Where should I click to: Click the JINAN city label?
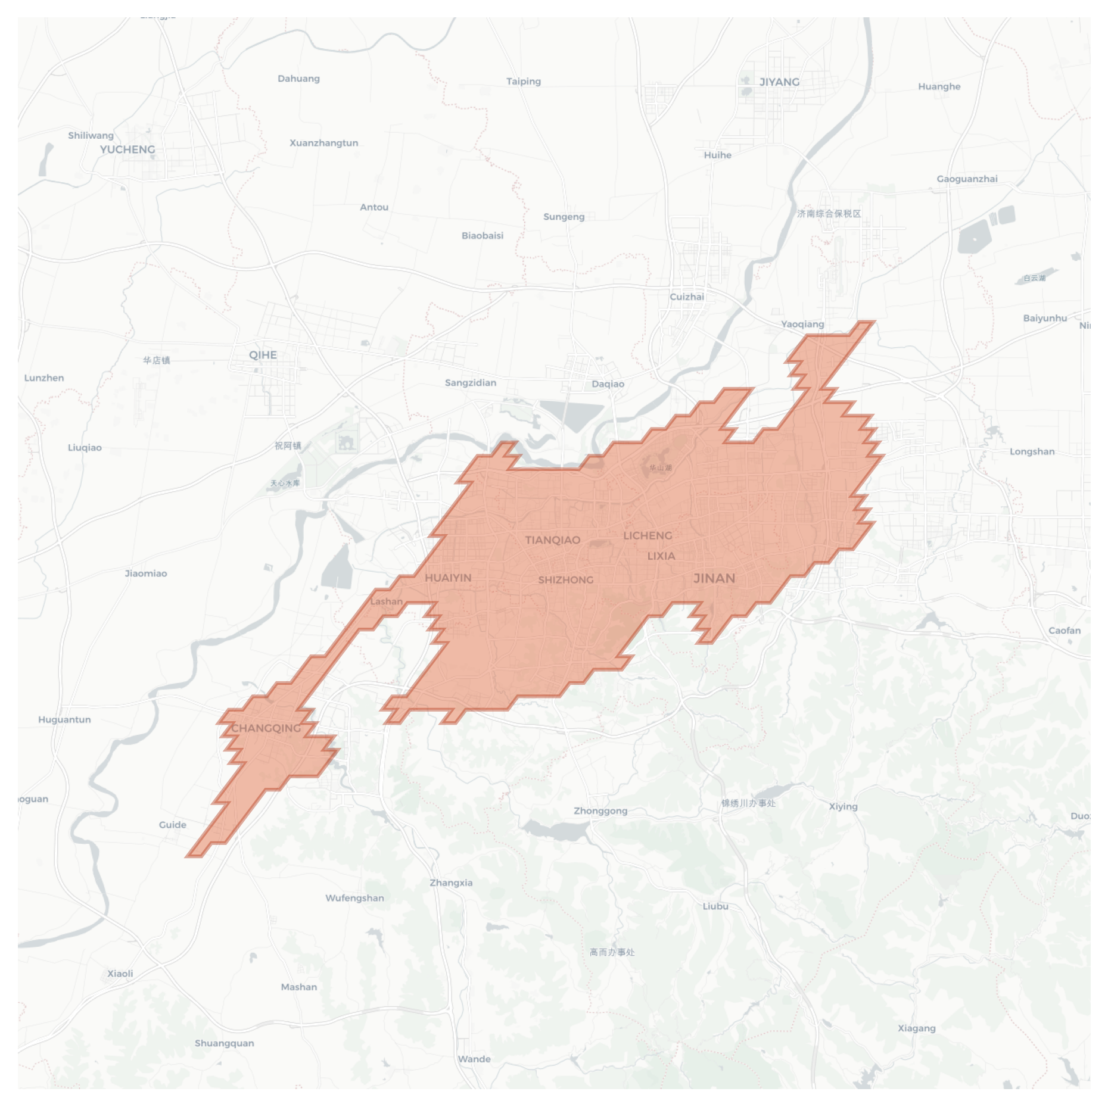(714, 578)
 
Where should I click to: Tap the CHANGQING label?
(266, 728)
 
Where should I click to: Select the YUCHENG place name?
(127, 149)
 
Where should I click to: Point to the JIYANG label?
(779, 82)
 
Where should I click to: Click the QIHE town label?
(263, 355)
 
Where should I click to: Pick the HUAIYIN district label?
(448, 578)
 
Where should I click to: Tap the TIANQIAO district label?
(552, 540)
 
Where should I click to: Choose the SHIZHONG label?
(565, 580)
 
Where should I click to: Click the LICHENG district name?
(648, 536)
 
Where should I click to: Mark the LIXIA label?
(661, 556)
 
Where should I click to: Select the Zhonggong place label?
(600, 810)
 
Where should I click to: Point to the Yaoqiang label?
(802, 324)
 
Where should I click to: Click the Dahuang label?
(298, 79)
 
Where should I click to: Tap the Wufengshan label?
(354, 898)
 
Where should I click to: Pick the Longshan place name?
(1032, 451)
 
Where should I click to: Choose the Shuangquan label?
(224, 1043)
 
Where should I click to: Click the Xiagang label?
(916, 1028)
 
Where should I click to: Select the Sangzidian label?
(470, 383)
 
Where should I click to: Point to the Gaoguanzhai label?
(967, 179)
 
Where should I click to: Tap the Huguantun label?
(64, 719)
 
